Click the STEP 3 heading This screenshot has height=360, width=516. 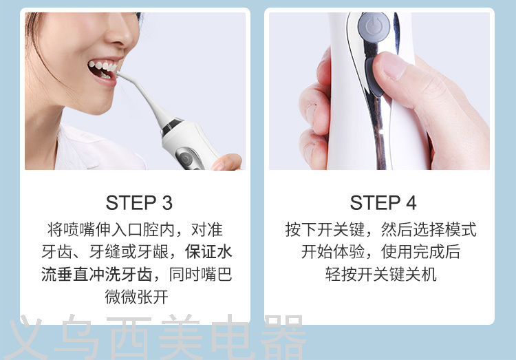tap(139, 202)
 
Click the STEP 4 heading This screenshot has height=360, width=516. tap(383, 202)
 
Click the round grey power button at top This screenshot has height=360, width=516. tap(374, 26)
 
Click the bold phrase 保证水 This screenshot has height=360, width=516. tap(208, 252)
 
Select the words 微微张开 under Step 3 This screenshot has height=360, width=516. tap(137, 297)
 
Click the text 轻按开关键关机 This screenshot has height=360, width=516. tap(380, 275)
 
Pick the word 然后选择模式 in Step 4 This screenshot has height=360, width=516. tap(429, 230)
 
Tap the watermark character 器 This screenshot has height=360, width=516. tap(283, 337)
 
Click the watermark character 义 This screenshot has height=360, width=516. tap(26, 337)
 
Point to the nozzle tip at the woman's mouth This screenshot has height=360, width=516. tap(118, 74)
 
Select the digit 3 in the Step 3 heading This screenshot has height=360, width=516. tap(167, 202)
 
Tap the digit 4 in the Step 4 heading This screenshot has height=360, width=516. tap(411, 202)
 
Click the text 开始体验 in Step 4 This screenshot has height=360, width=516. tap(333, 252)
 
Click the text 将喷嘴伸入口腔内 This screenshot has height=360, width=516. tap(111, 230)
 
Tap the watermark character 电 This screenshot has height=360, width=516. tap(233, 337)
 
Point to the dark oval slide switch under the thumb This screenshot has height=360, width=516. tap(372, 76)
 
